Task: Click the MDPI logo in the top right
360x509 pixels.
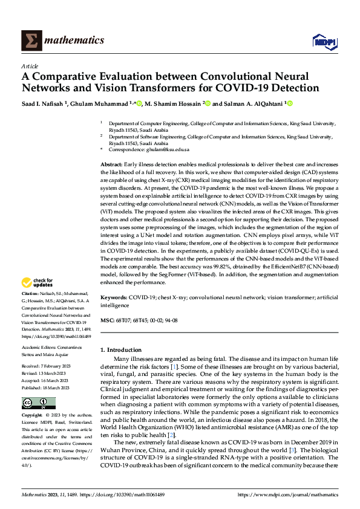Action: (x=323, y=41)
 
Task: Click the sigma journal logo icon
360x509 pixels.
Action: (x=31, y=41)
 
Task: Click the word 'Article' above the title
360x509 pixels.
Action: (x=30, y=66)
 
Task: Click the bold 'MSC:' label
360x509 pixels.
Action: (x=107, y=320)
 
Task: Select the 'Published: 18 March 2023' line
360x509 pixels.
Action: (x=48, y=388)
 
